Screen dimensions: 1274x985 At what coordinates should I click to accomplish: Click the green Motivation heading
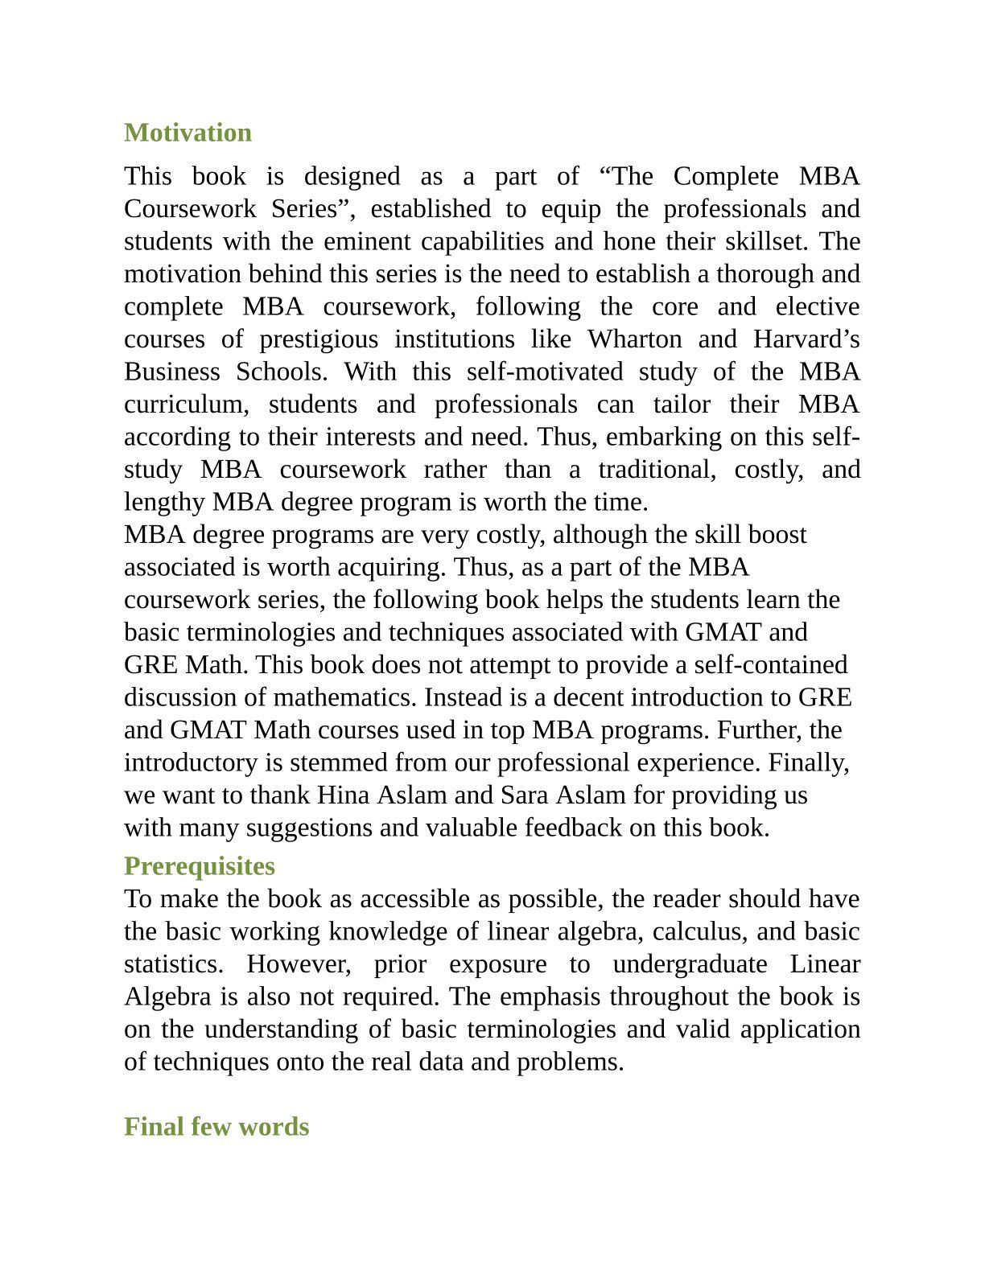click(188, 133)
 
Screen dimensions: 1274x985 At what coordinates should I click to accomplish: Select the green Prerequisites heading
click(199, 866)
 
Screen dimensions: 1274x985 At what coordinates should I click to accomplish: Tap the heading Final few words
click(216, 1127)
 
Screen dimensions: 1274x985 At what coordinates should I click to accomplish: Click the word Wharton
click(634, 339)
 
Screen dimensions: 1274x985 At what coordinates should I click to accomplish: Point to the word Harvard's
click(806, 339)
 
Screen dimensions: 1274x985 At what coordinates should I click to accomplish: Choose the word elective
click(818, 306)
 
